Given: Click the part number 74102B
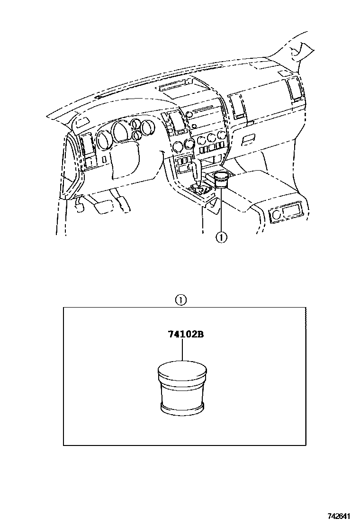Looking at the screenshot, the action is pyautogui.click(x=182, y=335).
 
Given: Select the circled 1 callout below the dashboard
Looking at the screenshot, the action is pyautogui.click(x=221, y=238).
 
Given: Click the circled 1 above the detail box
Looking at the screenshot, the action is pyautogui.click(x=180, y=300).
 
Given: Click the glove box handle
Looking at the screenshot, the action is pyautogui.click(x=249, y=139).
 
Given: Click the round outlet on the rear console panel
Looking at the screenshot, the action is pyautogui.click(x=277, y=214).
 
